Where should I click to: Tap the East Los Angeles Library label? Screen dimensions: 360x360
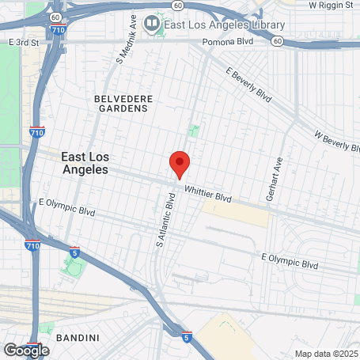(224, 24)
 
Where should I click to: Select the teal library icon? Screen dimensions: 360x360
(153, 24)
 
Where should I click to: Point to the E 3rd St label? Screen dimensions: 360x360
(23, 40)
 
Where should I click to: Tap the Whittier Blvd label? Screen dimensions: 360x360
(207, 192)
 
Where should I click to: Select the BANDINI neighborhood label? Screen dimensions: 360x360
(77, 338)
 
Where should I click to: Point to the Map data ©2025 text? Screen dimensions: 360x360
(326, 354)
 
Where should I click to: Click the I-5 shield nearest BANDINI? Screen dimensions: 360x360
(185, 337)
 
